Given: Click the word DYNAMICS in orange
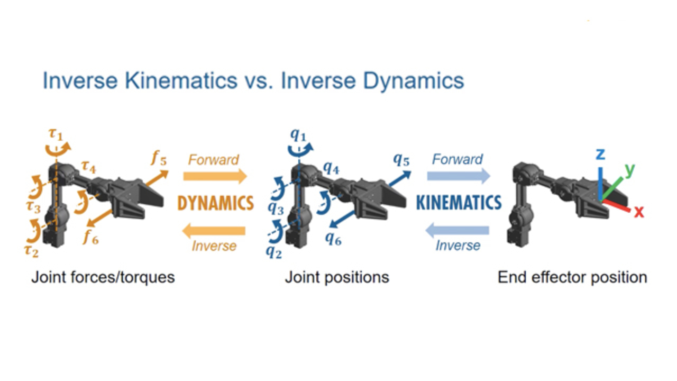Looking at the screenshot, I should pos(215,203).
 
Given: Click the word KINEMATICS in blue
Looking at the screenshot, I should pos(459,203).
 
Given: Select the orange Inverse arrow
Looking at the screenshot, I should pos(214,230).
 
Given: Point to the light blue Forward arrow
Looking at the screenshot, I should pos(459,175).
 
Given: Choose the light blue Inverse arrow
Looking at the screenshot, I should pos(458,230).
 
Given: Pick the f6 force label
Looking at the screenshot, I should pos(90,238).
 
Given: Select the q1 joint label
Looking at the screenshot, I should pos(298,133).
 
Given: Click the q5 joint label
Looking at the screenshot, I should pos(401,159).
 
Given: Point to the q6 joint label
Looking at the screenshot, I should pos(333,239).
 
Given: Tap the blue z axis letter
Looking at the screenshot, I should pos(600,154).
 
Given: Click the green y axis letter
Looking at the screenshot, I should pos(629,169).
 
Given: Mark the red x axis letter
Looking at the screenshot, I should pos(639,212).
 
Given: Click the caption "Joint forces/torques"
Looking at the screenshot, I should pos(103,277).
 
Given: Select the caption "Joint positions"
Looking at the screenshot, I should pos(337,277).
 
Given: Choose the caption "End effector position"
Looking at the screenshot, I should pos(572,277).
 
